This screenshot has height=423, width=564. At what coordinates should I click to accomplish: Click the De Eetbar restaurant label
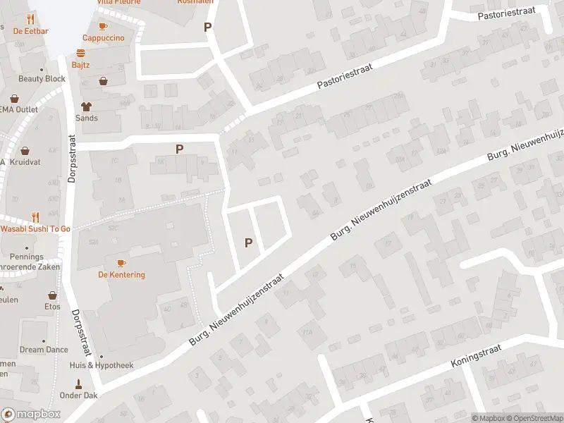coord(30,30)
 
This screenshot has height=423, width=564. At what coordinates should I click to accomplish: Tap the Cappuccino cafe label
coord(103,37)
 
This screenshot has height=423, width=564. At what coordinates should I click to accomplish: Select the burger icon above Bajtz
coord(81,52)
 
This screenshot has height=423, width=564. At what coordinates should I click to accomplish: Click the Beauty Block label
coord(42,78)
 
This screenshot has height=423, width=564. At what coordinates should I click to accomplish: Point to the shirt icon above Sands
coord(87,106)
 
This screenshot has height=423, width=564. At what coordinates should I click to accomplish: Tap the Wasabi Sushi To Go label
coord(35,229)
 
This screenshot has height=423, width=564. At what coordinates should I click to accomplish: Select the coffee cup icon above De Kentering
coord(121,263)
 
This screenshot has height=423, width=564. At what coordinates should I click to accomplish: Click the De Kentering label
coord(121,274)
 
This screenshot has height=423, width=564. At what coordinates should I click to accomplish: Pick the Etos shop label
coord(53,307)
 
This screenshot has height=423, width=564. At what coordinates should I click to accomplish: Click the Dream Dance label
coord(44,349)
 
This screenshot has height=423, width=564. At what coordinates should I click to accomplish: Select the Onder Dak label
coord(79,395)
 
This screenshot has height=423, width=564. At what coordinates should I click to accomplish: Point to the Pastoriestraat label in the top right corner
coord(506,14)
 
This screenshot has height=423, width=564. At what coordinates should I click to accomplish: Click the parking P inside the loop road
coord(248,243)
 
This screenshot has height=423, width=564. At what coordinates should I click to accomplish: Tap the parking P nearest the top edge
coord(207,27)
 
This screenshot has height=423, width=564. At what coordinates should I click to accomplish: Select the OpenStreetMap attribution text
coord(534,418)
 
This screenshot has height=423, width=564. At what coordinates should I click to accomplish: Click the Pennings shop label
coord(27,257)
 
